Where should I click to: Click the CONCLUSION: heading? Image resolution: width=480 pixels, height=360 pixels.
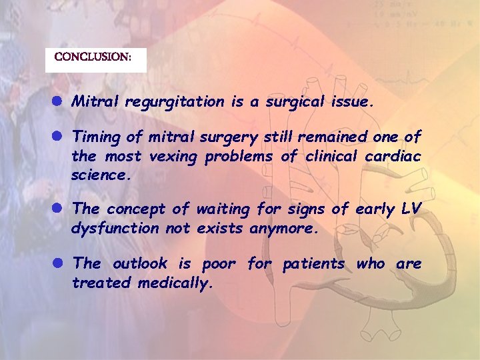click(93, 57)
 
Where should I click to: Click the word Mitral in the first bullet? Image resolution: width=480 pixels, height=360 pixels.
click(93, 102)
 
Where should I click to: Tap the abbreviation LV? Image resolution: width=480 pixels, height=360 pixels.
click(411, 209)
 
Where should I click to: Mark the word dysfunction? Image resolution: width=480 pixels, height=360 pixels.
click(115, 228)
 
